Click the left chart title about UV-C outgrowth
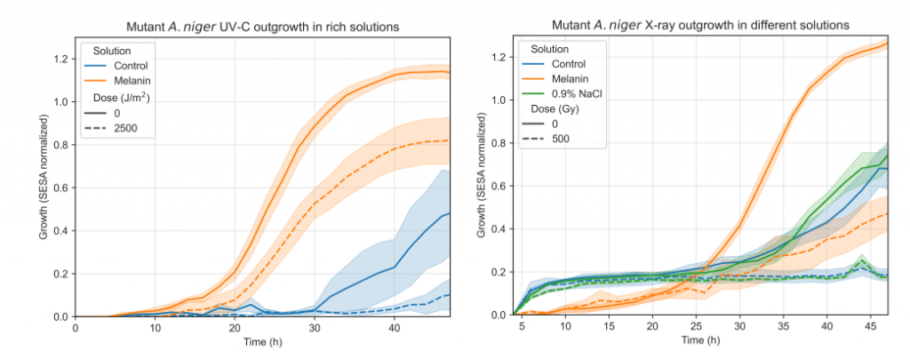coord(262,27)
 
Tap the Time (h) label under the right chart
coord(699,341)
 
